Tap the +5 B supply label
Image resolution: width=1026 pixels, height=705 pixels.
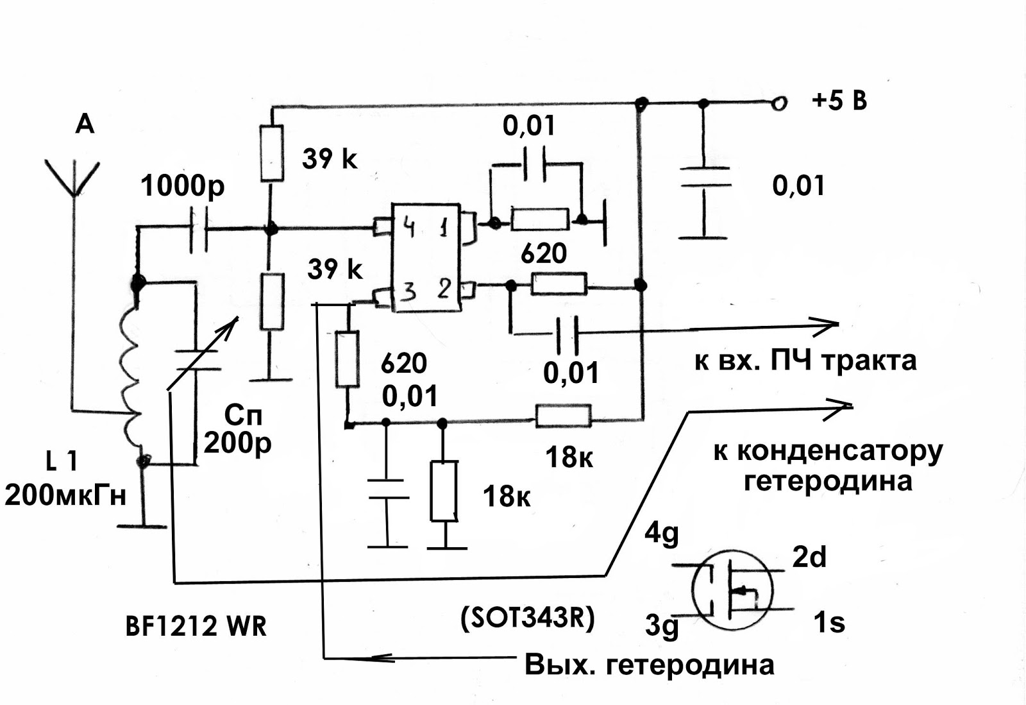click(839, 101)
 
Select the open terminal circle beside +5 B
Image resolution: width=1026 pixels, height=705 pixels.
click(779, 104)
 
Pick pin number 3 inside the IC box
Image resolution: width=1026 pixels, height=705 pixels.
click(410, 291)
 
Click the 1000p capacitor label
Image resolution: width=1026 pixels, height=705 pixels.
click(182, 187)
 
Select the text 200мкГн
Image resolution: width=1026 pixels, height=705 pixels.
click(65, 495)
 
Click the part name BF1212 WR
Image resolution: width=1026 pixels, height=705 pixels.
click(196, 626)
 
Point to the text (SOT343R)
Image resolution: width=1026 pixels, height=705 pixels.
click(527, 619)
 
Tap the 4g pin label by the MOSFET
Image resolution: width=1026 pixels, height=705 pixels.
click(661, 534)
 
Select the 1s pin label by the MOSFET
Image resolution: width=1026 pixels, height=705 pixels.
click(829, 622)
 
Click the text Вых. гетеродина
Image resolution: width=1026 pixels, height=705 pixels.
click(649, 665)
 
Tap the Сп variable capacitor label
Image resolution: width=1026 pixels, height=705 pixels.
click(243, 416)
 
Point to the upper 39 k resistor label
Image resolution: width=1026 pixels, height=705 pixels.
click(330, 159)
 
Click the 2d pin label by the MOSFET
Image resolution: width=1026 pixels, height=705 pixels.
click(809, 557)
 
